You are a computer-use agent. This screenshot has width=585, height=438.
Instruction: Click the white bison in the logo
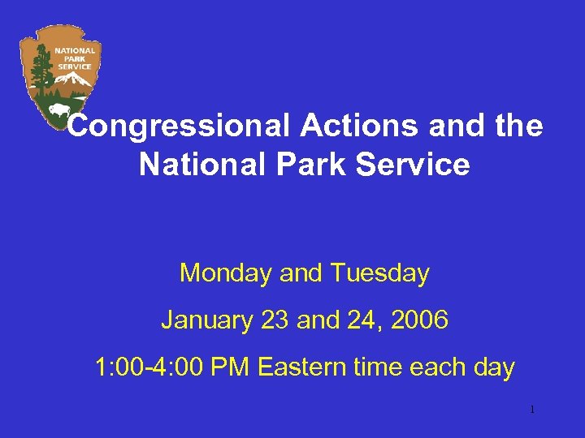[x=59, y=109]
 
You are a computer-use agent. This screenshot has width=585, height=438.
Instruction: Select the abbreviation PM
[x=231, y=367]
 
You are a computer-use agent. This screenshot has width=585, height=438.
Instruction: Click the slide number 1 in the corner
[x=531, y=410]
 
